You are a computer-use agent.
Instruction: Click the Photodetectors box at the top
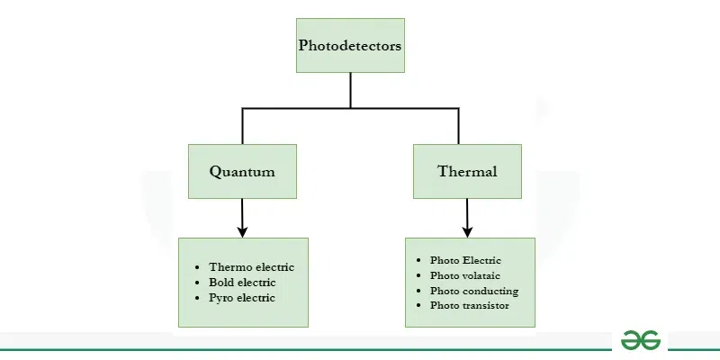click(x=350, y=45)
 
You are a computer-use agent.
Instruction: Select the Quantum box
click(x=242, y=171)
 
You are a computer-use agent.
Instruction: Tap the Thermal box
click(x=467, y=171)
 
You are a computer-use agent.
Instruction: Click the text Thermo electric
click(x=251, y=267)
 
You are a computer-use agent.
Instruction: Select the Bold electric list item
click(x=242, y=283)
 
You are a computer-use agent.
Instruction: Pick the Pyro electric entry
click(x=242, y=298)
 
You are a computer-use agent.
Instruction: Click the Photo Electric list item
click(x=465, y=261)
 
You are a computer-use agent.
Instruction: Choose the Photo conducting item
click(x=474, y=291)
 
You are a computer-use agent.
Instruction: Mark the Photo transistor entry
click(x=470, y=306)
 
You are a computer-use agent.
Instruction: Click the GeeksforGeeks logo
click(x=641, y=340)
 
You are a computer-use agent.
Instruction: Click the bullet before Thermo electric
click(x=197, y=267)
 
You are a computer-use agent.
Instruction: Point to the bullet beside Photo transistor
click(x=419, y=306)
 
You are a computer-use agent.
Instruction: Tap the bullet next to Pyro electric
click(x=197, y=298)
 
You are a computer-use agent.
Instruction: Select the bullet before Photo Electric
click(x=419, y=261)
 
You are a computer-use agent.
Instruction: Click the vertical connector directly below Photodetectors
click(x=350, y=90)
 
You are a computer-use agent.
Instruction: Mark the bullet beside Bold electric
click(x=197, y=283)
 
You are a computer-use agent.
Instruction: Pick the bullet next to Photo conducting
click(x=419, y=291)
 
